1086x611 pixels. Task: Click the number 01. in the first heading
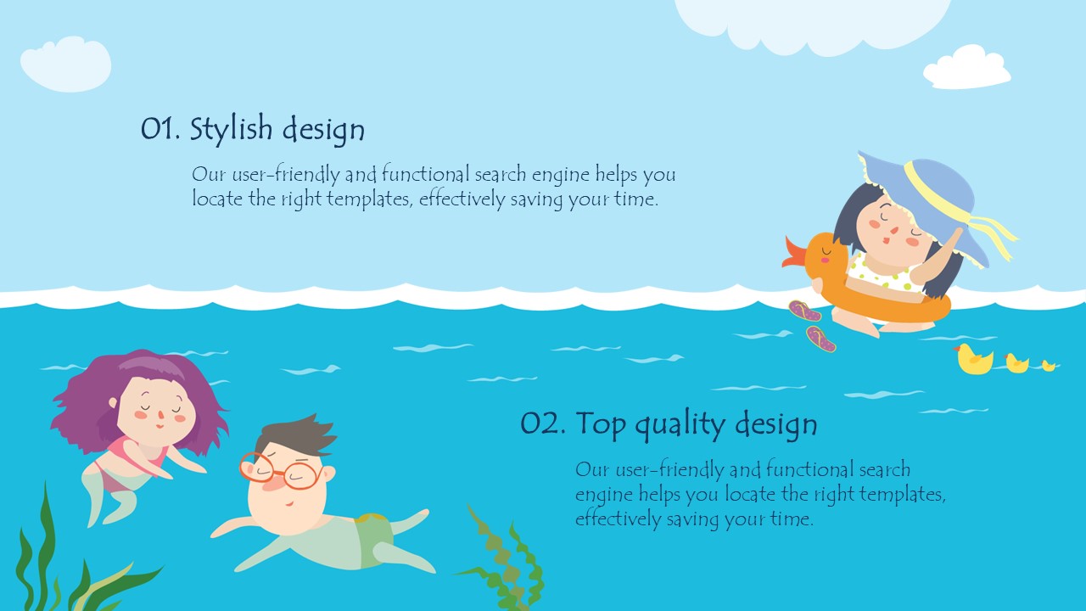(160, 129)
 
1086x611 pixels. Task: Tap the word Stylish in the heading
(231, 130)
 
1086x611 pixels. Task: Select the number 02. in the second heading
(543, 423)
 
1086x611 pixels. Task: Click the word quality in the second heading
(680, 425)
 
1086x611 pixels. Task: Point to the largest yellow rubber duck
(973, 359)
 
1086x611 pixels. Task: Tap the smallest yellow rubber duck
(1048, 366)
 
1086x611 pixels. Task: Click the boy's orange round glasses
(281, 471)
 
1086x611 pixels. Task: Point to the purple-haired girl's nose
(160, 415)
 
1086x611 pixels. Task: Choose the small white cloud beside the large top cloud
(966, 67)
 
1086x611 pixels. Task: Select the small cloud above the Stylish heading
(66, 64)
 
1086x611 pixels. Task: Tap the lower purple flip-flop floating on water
(820, 339)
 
